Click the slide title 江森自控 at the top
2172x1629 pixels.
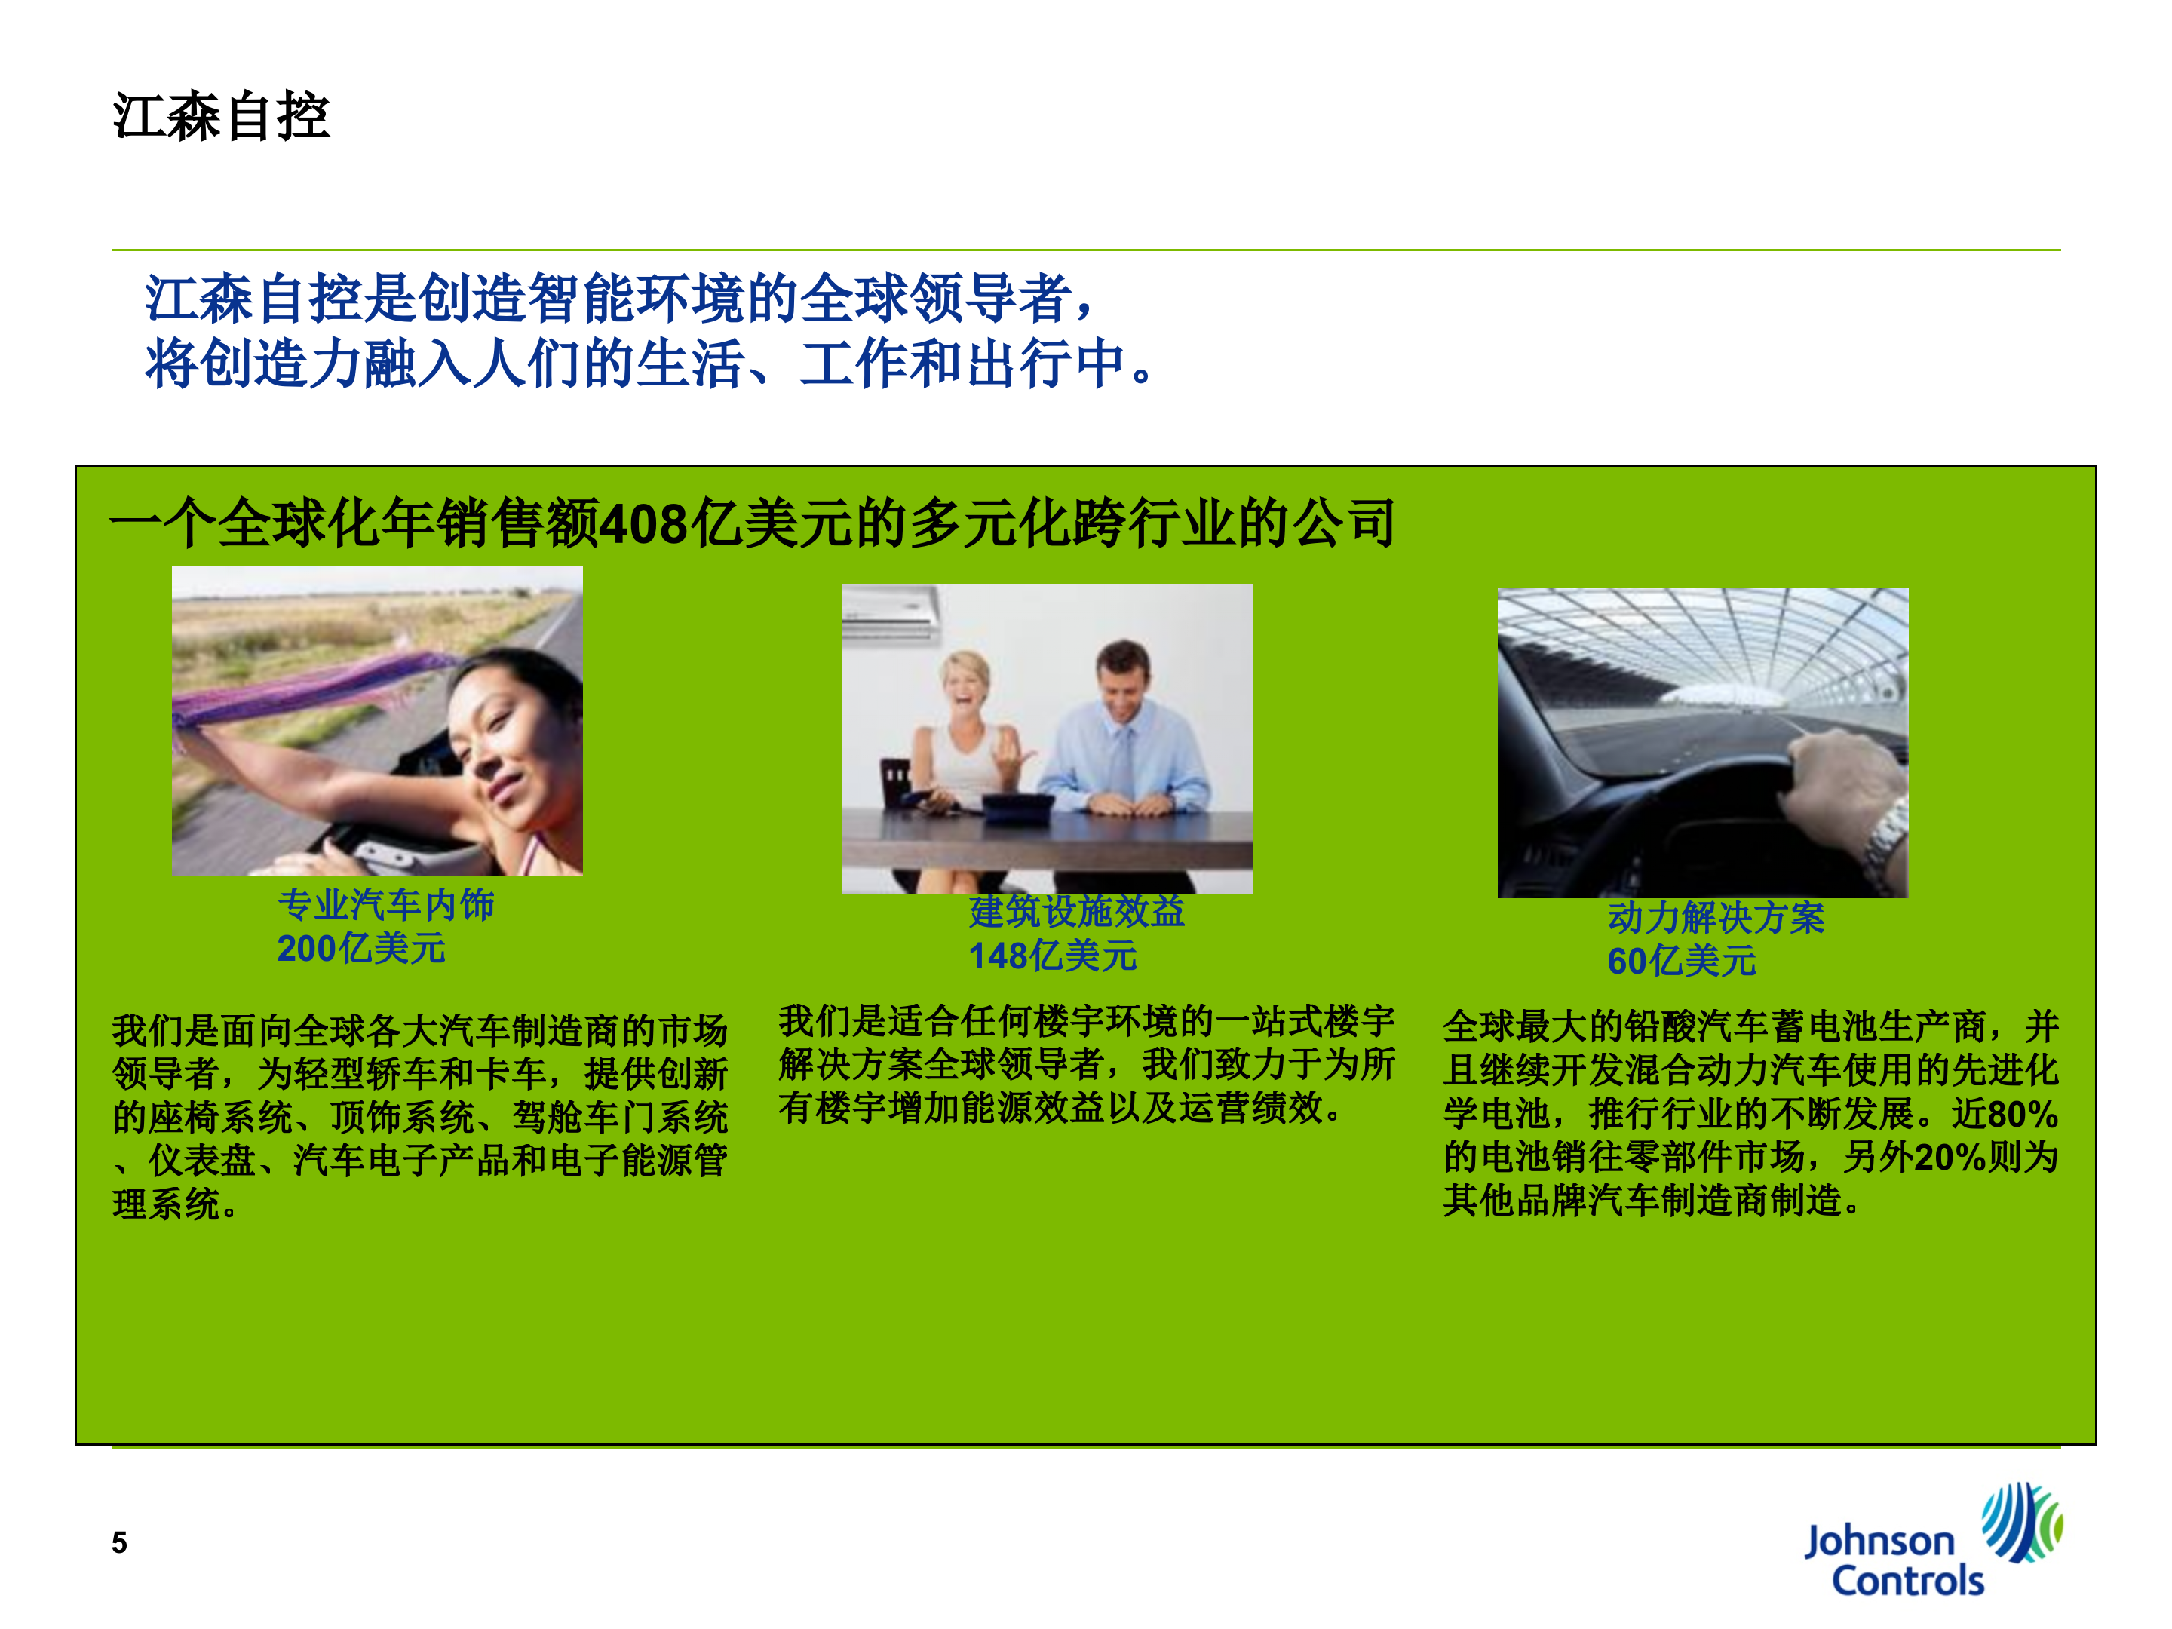(221, 117)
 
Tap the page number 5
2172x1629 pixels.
(119, 1542)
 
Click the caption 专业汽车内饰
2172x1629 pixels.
(386, 904)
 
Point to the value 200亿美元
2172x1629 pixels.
(360, 949)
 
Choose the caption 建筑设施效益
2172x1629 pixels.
(1076, 911)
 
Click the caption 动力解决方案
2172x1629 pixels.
(1716, 917)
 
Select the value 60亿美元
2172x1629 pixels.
(1681, 962)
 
